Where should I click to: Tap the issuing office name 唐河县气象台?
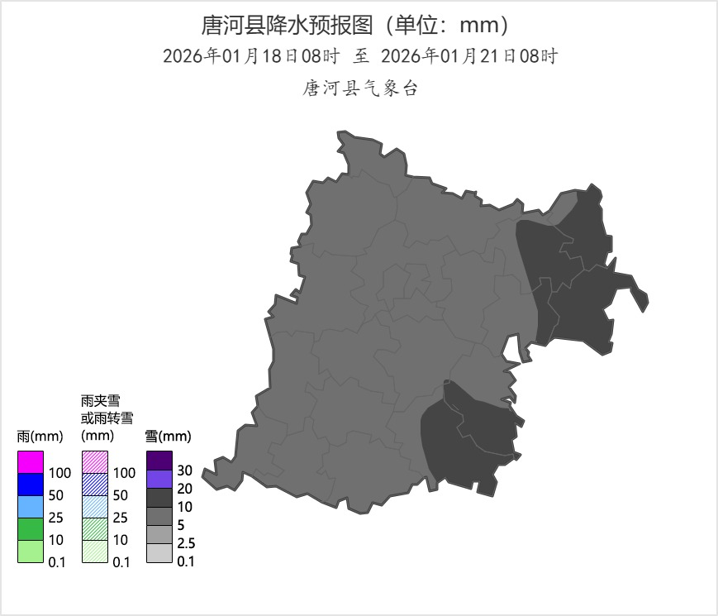(x=360, y=88)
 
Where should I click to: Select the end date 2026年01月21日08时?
(x=469, y=56)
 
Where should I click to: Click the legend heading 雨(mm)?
(x=40, y=436)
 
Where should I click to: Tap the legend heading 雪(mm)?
(x=168, y=436)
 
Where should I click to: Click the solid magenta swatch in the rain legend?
(x=30, y=462)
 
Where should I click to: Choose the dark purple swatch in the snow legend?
(x=159, y=461)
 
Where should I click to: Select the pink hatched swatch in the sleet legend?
(x=94, y=462)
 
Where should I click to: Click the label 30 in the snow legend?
(x=185, y=470)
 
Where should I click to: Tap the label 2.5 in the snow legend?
(x=185, y=543)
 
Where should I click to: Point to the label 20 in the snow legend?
(x=185, y=489)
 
